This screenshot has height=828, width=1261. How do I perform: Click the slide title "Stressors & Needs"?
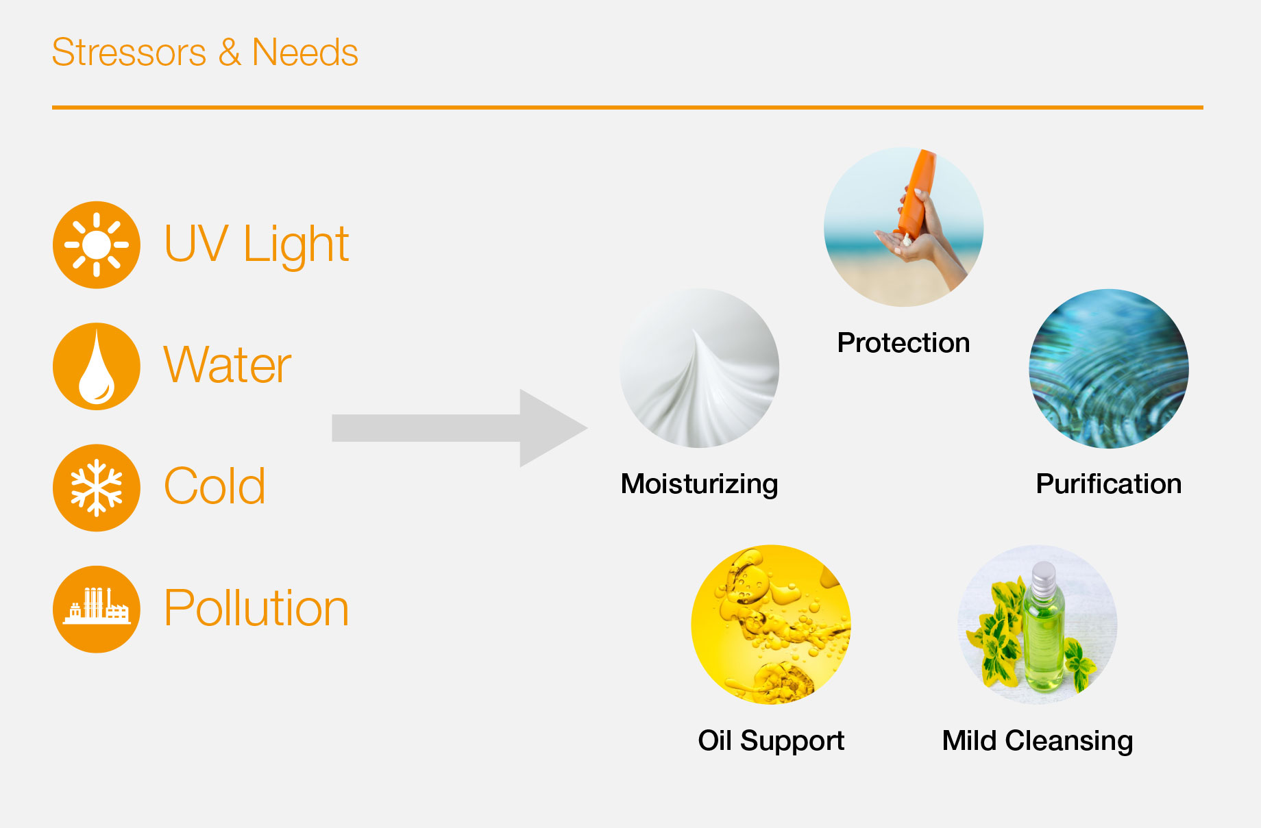coord(205,53)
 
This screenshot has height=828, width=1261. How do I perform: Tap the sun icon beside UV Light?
coord(97,244)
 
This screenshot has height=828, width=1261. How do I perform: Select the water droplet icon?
coord(97,366)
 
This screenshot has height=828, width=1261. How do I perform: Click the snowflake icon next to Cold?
coord(97,488)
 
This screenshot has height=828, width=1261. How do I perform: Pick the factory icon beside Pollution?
coord(97,609)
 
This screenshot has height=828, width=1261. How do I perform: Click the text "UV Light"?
coord(256,244)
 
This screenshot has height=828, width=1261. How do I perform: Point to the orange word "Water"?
coord(228,365)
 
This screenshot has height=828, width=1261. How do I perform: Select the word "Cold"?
coord(215,486)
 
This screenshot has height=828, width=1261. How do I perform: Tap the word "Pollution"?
coord(256,608)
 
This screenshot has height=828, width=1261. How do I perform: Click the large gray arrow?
coord(459,428)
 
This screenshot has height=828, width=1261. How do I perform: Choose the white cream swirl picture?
coord(699,368)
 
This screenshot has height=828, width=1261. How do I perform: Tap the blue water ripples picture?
coord(1109,368)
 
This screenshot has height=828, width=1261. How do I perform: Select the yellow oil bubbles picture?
coord(771,625)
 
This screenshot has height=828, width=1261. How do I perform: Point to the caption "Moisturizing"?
coord(699,484)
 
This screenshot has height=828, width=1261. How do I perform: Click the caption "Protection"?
coord(903,342)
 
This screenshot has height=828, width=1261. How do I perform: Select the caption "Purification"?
coord(1109,484)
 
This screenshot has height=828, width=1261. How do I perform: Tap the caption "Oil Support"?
coord(771,741)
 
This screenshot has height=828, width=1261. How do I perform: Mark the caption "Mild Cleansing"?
coord(1038,741)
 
